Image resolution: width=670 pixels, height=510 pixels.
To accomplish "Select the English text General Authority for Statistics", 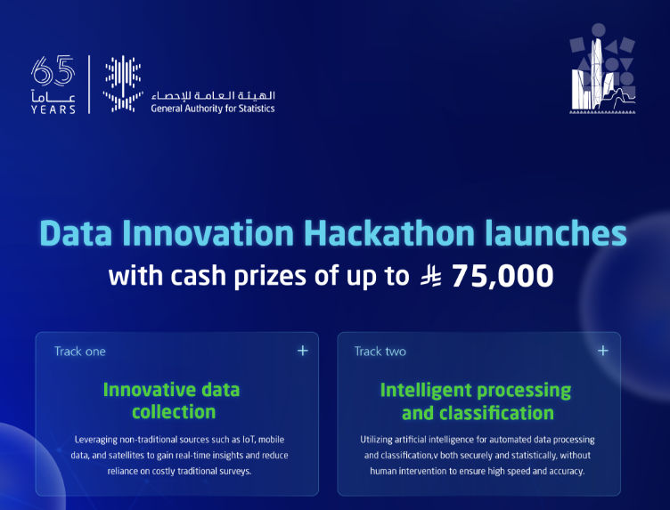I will point(212,109).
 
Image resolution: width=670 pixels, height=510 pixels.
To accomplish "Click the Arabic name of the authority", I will point(213,94).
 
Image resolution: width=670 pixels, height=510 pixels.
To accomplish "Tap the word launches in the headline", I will point(555,234).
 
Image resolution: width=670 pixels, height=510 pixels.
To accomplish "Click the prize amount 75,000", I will point(502,276).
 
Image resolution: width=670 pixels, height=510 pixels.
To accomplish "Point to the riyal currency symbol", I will point(431,276).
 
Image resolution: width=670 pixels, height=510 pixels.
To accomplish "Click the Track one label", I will point(79,352).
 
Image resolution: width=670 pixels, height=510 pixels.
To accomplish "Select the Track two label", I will point(380,352).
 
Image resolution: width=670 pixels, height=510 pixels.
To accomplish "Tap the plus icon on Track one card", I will point(303,351).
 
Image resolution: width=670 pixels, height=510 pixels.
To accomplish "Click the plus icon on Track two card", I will point(603,351).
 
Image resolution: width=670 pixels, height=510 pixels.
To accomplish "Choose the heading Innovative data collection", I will point(172,401).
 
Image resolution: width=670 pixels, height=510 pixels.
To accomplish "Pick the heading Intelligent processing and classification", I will point(476,401).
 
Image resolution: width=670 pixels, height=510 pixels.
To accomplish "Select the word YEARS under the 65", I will point(53,109).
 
